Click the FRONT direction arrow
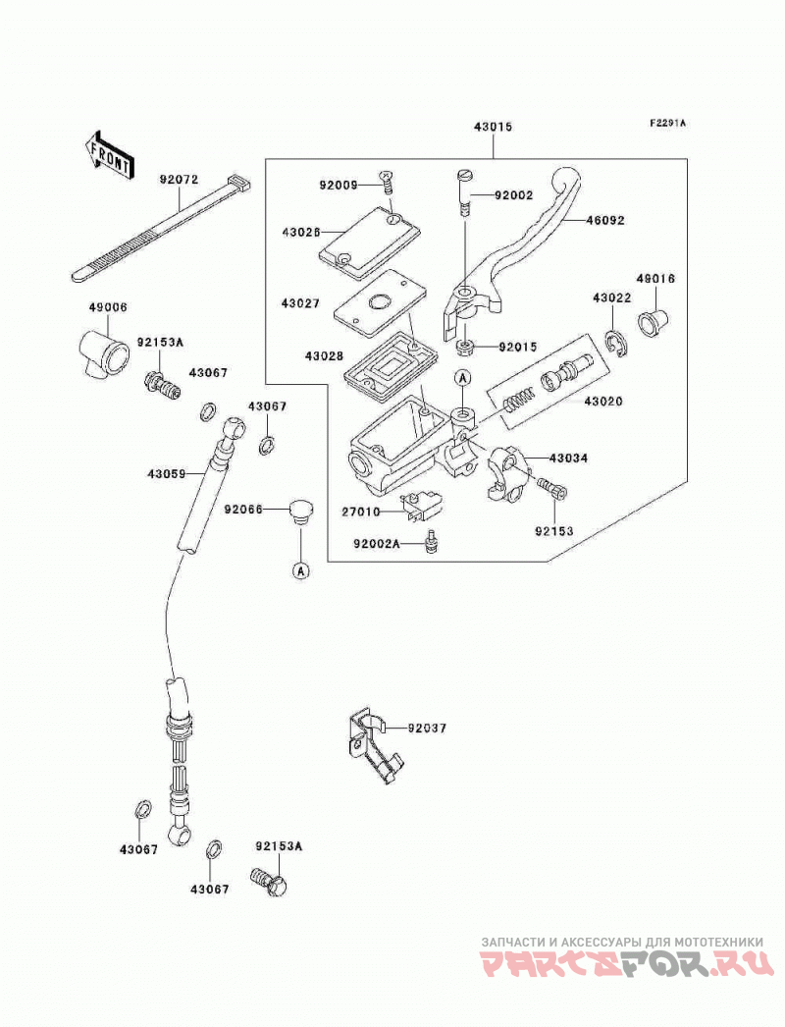111,156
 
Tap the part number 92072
178,179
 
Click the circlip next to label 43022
615,345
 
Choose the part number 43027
300,303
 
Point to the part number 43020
603,401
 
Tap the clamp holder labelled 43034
509,471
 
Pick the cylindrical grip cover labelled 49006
105,352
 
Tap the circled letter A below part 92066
301,571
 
